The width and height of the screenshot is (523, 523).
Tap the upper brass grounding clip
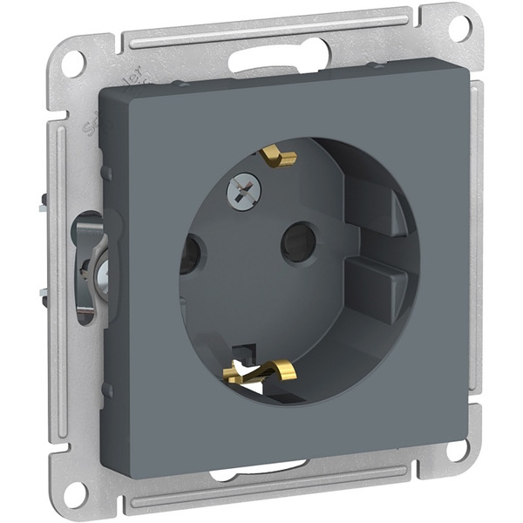click(277, 157)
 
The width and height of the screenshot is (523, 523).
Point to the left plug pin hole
click(191, 255)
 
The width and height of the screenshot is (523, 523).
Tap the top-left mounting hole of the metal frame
click(75, 62)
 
